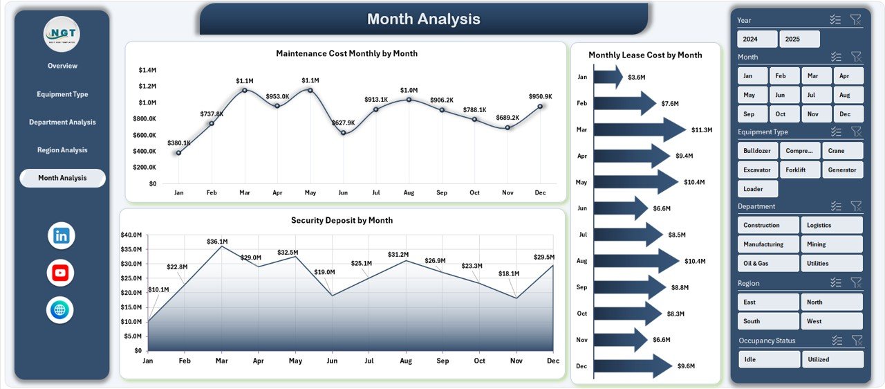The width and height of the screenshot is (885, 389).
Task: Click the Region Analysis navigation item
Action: coord(62,150)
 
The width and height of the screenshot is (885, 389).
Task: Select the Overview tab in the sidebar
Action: coord(62,66)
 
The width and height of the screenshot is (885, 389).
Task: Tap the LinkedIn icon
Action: coord(61,236)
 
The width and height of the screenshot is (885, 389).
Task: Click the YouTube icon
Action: coord(61,273)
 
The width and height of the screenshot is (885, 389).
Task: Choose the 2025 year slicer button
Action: coord(799,39)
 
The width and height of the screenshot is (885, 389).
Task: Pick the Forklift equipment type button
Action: coord(800,170)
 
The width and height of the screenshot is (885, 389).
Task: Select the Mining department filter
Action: coord(832,244)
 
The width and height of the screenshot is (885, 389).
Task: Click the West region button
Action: coord(832,321)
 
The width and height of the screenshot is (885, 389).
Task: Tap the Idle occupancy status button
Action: coord(770,359)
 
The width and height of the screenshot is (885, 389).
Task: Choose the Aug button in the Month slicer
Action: coord(848,95)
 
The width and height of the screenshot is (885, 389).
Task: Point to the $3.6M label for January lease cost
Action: coord(637,78)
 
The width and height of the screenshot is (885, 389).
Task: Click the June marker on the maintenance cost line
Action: coord(343,133)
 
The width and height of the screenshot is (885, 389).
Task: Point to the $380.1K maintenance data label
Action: coord(178,143)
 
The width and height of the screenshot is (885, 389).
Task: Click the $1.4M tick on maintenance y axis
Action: coord(147,70)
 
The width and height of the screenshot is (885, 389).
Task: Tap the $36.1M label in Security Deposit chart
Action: coord(217,242)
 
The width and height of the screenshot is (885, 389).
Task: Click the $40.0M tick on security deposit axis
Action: coord(131,235)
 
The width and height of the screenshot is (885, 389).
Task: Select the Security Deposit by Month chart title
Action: coord(342,221)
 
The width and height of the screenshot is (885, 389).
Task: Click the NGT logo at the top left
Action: coord(62,33)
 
